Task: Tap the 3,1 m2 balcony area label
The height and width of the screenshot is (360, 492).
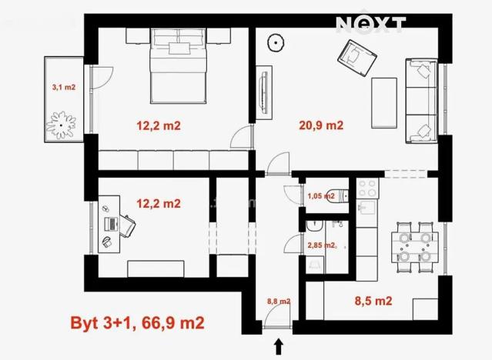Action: (x=63, y=88)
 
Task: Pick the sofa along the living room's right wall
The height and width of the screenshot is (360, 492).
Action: (x=422, y=101)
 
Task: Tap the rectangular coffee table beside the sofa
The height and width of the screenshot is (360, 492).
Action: (x=384, y=102)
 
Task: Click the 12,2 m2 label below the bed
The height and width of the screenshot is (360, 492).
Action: (x=159, y=126)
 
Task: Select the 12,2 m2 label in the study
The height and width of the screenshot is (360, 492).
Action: (x=159, y=204)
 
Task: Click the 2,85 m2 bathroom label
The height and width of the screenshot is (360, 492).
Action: (x=322, y=245)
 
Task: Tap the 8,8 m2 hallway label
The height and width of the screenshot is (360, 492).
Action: (x=278, y=302)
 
